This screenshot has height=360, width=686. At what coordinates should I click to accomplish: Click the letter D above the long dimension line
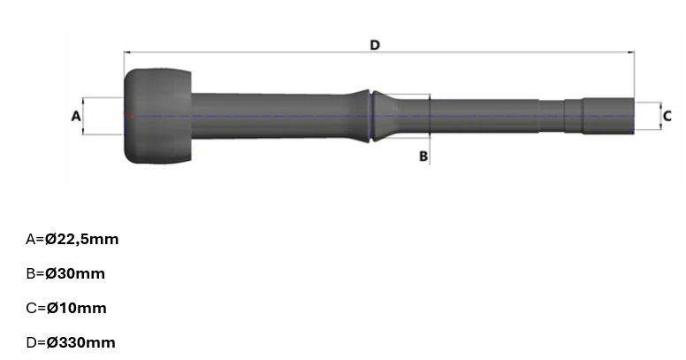pos(375,45)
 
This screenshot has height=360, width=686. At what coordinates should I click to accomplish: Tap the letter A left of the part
pos(76,117)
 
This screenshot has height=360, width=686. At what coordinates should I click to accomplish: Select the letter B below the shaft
pos(423,157)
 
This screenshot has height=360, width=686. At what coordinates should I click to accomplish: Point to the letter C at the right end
pos(667,117)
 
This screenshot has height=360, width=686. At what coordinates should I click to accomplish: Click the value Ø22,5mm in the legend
pos(82,239)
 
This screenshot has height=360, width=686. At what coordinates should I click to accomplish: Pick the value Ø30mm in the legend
pos(75,273)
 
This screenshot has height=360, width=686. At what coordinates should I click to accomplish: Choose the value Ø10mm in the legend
pos(77,309)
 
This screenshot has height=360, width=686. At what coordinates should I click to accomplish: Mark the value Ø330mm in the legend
pos(81,342)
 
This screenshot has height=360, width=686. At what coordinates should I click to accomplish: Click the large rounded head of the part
pos(157,116)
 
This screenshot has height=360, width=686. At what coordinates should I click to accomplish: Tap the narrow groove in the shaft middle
pos(371,116)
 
